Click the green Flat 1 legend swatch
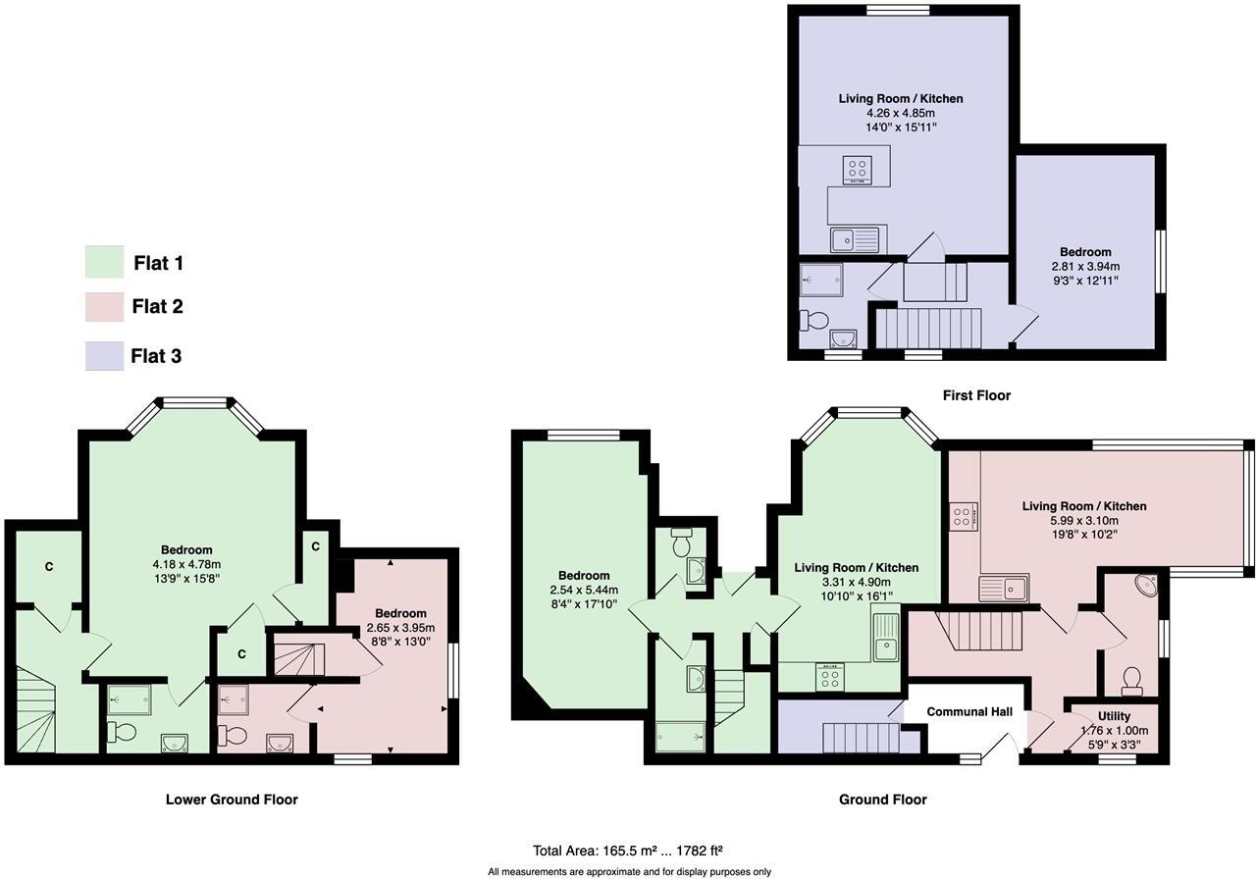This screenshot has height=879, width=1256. [104, 262]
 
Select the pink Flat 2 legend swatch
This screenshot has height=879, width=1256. [104, 307]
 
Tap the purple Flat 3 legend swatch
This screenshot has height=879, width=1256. [104, 355]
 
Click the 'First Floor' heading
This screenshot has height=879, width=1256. [975, 395]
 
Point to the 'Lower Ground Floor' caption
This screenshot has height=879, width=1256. [232, 800]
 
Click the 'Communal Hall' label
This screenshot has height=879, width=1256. [969, 712]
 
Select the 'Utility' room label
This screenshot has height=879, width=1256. [1114, 717]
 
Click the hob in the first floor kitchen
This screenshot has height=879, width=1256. [856, 169]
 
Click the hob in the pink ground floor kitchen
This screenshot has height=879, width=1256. [963, 517]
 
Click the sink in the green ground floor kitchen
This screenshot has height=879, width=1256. [885, 637]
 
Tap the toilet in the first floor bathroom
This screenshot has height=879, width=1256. [814, 320]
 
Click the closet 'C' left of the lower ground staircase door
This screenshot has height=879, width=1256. [48, 567]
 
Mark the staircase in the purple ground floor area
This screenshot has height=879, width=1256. [861, 738]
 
